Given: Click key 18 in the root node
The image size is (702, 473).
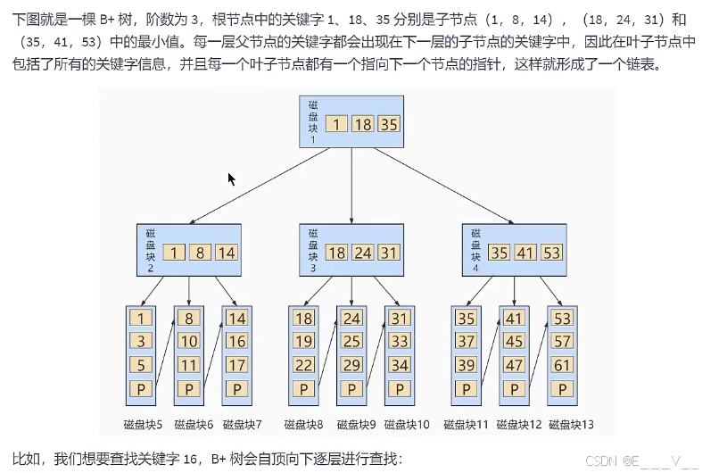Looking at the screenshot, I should point(362,125).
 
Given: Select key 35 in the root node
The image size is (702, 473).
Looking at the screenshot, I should point(389,125).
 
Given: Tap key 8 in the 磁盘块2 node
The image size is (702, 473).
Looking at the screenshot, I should point(201,253).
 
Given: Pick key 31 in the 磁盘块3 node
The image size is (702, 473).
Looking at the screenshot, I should point(389,253).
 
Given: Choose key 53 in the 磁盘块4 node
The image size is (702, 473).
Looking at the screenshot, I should point(551,253).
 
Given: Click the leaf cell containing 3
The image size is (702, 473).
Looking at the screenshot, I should point(140,340).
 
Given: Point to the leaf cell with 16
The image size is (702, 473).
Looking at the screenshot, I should point(236,340).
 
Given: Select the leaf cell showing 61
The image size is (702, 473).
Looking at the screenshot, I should point(562,364).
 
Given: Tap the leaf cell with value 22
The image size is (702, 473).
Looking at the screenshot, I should point(303,364).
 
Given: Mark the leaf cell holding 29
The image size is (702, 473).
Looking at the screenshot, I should point(351,364).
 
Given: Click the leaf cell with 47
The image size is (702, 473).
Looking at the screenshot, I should point(514,364).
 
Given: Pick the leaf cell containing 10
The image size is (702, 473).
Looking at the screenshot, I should point(188,340).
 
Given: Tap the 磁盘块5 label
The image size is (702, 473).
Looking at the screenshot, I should point(143,424).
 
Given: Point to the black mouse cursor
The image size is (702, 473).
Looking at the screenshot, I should point(232,178).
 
